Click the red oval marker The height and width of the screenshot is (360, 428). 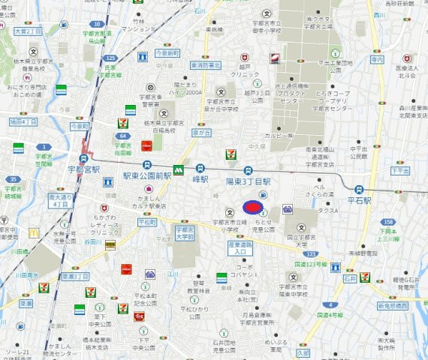253,207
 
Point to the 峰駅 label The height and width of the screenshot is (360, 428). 199,181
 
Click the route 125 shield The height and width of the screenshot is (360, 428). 111,58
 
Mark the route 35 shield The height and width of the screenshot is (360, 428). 13,179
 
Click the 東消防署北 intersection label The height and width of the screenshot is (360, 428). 204,65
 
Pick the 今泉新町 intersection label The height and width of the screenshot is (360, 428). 167,54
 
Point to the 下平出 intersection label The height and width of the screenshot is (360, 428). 399,170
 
